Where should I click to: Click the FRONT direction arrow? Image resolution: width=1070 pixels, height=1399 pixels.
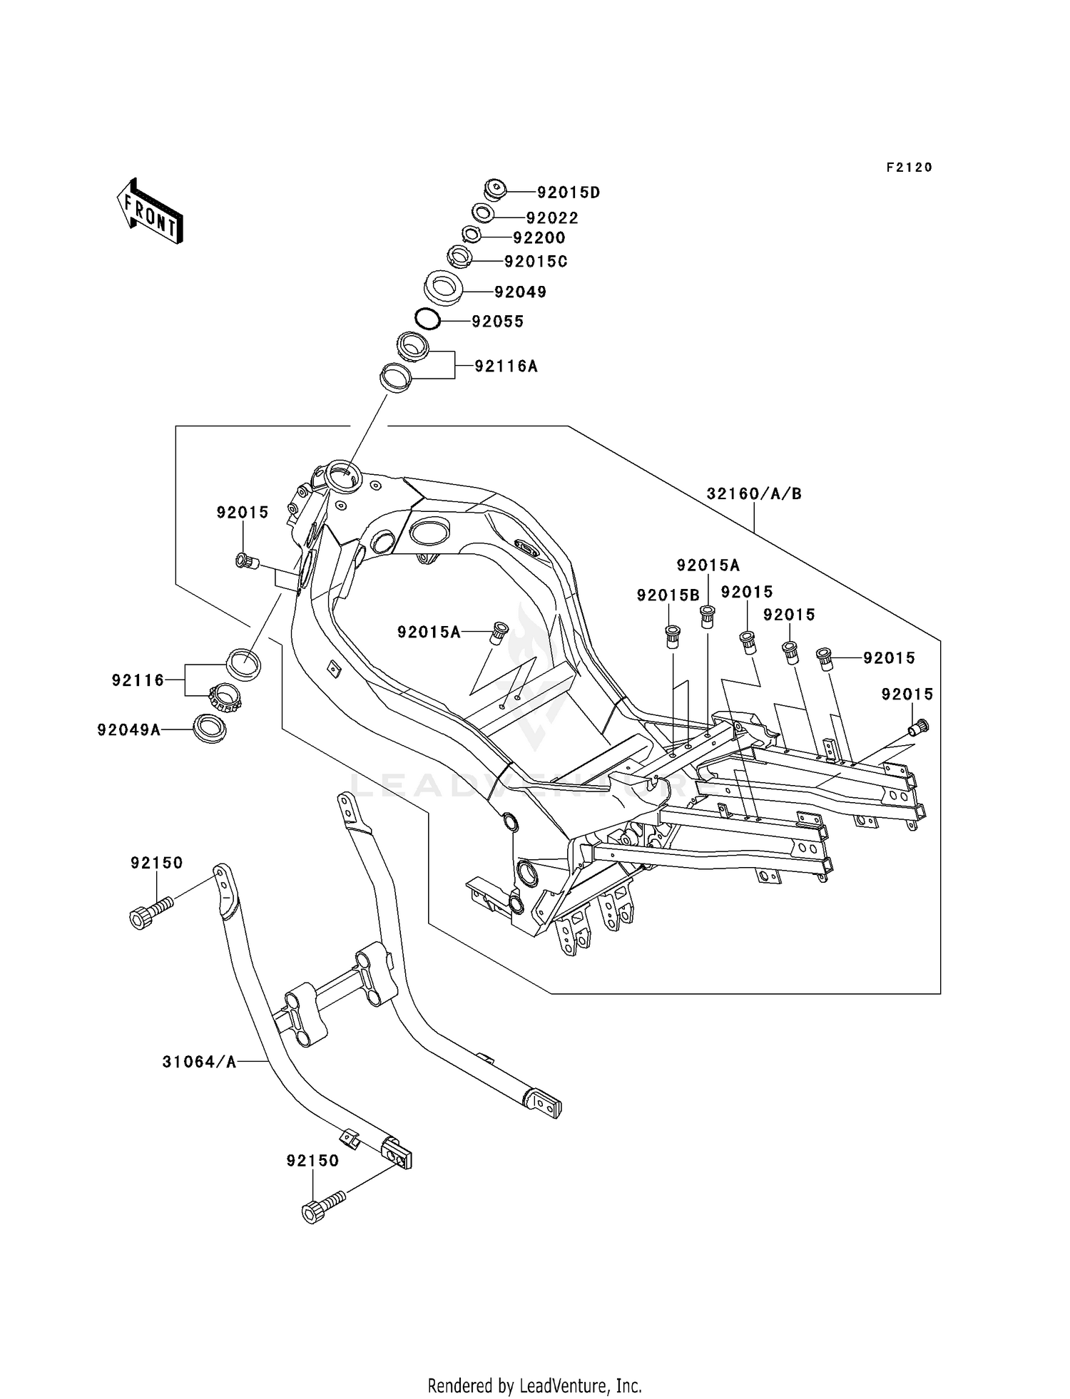pos(150,212)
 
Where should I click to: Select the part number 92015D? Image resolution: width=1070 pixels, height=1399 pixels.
pos(569,193)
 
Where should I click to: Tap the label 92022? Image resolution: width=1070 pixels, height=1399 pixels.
pos(552,218)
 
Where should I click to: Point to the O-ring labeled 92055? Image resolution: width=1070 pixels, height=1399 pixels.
pos(427,319)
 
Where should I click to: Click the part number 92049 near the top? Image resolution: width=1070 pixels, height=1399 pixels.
pos(520,292)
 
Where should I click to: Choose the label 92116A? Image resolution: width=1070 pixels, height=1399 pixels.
pos(506,367)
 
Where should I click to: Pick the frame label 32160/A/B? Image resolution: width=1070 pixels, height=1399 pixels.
pos(754,493)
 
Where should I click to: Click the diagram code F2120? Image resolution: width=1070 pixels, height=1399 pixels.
pos(909,168)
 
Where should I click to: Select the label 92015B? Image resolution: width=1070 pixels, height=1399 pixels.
pos(668,595)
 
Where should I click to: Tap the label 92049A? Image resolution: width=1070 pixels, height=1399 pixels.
pos(129,729)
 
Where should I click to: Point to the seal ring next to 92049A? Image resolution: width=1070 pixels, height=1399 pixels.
pos(210,728)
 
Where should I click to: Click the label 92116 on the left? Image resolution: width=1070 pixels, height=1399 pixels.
pos(138,680)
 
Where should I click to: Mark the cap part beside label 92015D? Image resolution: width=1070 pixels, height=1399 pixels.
pos(494,190)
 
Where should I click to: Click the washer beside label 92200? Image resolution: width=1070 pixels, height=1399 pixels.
pos(472,234)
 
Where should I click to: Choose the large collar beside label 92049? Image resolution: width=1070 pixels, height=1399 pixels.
pos(444,287)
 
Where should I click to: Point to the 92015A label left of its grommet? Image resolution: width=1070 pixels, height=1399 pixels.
pos(429,632)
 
